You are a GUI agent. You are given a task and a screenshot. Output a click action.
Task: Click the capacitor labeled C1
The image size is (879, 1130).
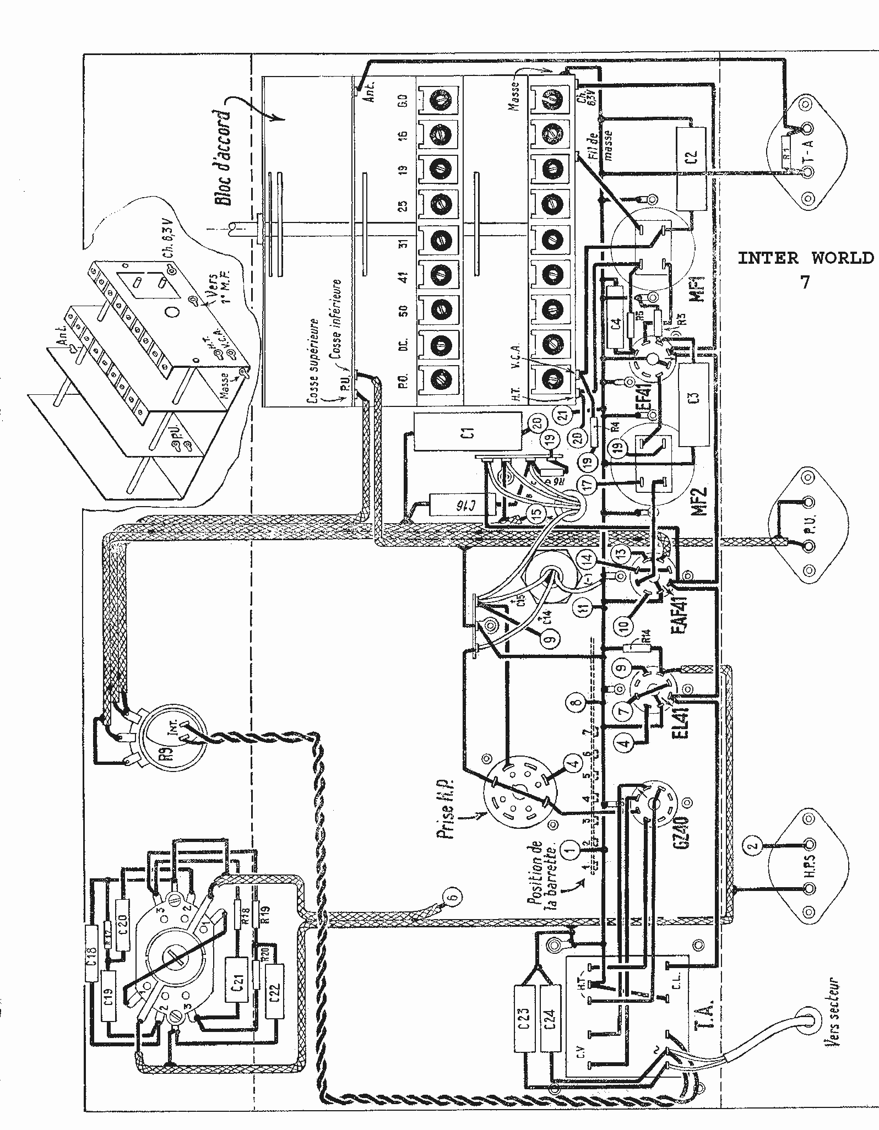pos(468,433)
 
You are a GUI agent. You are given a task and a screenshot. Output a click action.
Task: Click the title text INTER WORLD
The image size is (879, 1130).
pos(805,258)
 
